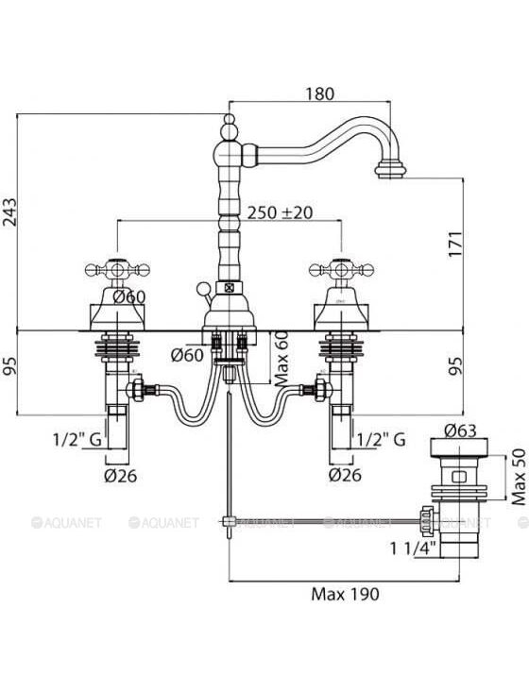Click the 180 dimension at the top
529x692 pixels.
(x=319, y=93)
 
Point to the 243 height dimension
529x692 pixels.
(x=9, y=212)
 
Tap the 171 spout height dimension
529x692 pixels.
(x=455, y=244)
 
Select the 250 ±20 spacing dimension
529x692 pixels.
(x=280, y=212)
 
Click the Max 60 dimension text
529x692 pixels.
(x=282, y=359)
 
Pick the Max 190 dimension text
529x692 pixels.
(x=345, y=594)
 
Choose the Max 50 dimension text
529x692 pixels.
(x=520, y=477)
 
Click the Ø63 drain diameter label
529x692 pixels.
(x=460, y=430)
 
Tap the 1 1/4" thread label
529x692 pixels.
(x=413, y=549)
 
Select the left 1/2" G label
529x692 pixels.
(x=77, y=440)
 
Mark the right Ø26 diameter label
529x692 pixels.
(x=345, y=475)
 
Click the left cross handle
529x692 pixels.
(x=117, y=269)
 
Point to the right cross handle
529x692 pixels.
(x=342, y=269)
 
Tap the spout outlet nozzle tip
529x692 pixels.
(x=390, y=170)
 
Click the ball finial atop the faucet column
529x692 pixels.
(x=229, y=119)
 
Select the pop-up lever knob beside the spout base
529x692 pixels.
(x=204, y=289)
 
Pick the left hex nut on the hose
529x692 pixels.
(x=136, y=389)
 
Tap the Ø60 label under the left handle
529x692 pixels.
(x=128, y=297)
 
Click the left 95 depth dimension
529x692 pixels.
(x=9, y=365)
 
